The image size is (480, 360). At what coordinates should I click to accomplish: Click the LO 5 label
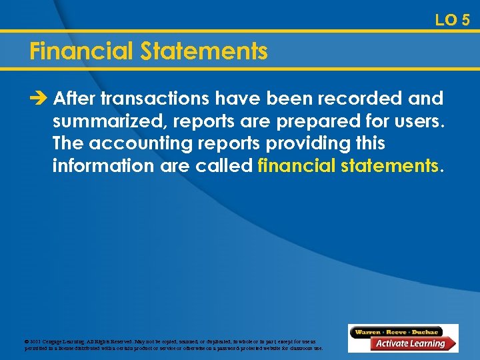452,20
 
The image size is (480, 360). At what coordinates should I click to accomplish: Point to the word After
74,99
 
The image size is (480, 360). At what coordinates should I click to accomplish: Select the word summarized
109,121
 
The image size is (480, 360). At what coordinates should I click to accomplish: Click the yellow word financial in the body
296,165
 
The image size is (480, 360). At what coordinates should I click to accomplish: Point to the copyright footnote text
173,345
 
